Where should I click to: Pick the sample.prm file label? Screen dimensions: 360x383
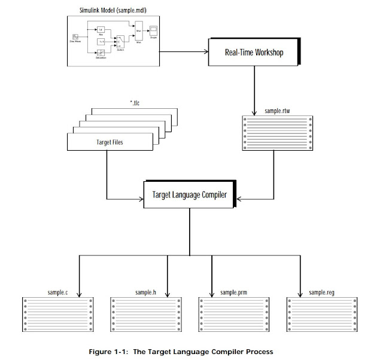[233, 292]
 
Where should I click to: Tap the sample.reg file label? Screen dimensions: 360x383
[321, 292]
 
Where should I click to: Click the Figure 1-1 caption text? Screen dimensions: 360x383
[191, 350]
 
